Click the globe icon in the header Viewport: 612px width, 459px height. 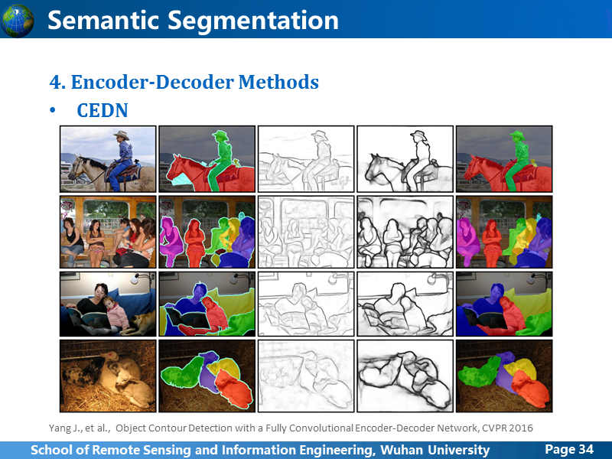tap(17, 21)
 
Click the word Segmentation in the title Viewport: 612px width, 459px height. tap(253, 21)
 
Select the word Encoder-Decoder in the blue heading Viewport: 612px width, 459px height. tap(152, 83)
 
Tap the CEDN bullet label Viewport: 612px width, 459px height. tap(103, 110)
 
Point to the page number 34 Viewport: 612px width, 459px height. tap(586, 449)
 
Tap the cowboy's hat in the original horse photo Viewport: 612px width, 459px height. tap(122, 135)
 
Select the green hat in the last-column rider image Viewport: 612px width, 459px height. tap(518, 135)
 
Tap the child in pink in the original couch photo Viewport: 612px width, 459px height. tap(116, 312)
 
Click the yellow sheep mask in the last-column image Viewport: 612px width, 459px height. tap(522, 368)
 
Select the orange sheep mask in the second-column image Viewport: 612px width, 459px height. tap(233, 387)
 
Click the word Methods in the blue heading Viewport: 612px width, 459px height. tap(278, 83)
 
